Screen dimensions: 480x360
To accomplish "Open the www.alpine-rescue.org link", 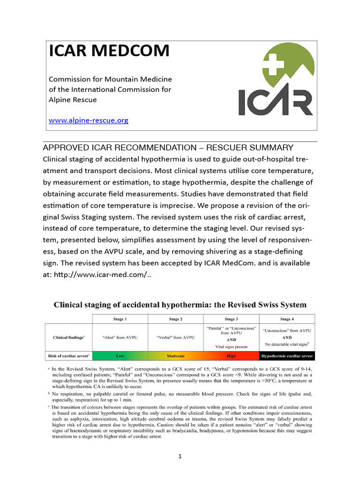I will click(89, 120).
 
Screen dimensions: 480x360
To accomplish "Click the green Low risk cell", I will click(120, 356).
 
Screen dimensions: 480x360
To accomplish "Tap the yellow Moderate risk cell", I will click(175, 356).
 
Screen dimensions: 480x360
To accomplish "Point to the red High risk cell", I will click(231, 356).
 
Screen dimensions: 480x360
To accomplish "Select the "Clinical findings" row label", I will click(68, 337).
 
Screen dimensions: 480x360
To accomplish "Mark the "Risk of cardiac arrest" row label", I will click(68, 356).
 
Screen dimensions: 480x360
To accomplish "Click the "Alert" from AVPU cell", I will click(120, 337).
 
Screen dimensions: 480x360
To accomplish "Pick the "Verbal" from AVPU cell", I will click(175, 337).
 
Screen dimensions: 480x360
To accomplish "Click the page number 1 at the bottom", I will click(180, 457).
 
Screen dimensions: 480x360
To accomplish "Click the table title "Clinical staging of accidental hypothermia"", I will click(180, 304).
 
